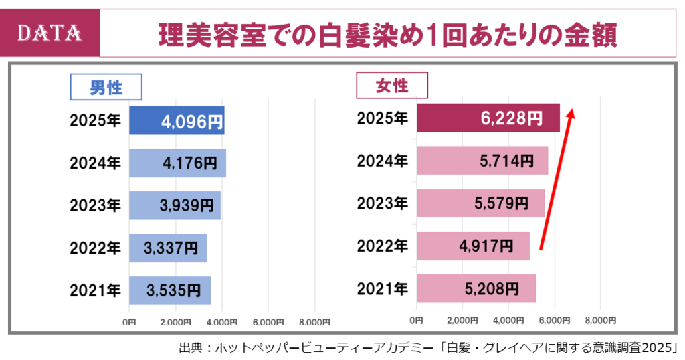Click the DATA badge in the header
pyautogui.click(x=51, y=33)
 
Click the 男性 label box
pyautogui.click(x=106, y=86)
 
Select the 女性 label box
pyautogui.click(x=392, y=85)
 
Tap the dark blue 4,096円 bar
pyautogui.click(x=177, y=121)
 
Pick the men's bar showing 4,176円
pyautogui.click(x=177, y=163)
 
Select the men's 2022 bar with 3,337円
pyautogui.click(x=168, y=248)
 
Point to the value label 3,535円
pyautogui.click(x=173, y=290)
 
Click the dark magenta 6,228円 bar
pyautogui.click(x=488, y=118)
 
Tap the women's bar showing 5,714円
pyautogui.click(x=482, y=161)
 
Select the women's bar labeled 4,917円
pyautogui.click(x=473, y=246)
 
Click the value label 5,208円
pyautogui.click(x=491, y=288)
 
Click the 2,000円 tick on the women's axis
pyautogui.click(x=463, y=319)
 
